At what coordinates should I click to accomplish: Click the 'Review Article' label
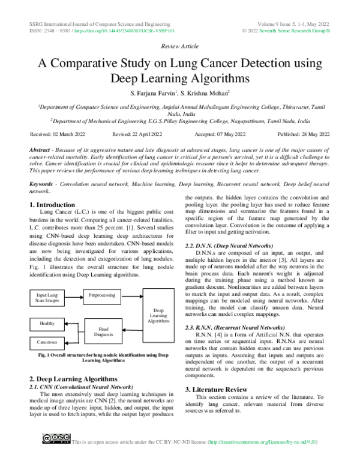(180, 46)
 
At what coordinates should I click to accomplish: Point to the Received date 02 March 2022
(58, 134)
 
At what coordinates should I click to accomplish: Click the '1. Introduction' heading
(52, 205)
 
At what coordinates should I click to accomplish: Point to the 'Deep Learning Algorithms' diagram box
(158, 316)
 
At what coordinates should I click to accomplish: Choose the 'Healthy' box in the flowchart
(47, 323)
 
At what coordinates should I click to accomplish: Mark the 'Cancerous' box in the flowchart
(47, 342)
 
